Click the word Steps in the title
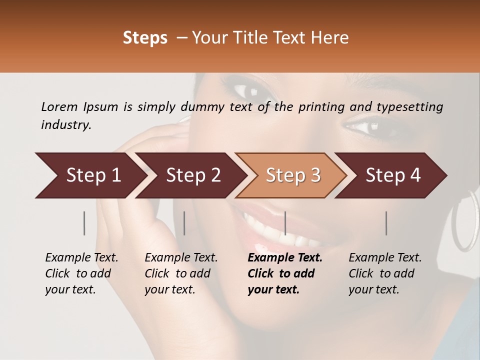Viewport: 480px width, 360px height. [x=145, y=38]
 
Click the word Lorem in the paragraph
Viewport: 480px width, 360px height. [x=59, y=106]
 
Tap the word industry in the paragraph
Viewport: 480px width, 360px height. [x=66, y=125]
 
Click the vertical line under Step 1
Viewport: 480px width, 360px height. [x=84, y=223]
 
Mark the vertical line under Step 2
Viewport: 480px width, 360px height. [x=184, y=223]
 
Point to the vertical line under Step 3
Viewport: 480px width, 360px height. [x=285, y=223]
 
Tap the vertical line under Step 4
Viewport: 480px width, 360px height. [x=386, y=223]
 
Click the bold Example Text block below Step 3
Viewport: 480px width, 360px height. [x=285, y=273]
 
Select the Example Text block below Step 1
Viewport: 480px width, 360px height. [x=81, y=273]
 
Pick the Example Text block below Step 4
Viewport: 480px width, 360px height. [x=385, y=273]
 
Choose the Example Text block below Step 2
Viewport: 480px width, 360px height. [x=181, y=273]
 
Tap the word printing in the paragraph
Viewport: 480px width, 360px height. [x=326, y=106]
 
